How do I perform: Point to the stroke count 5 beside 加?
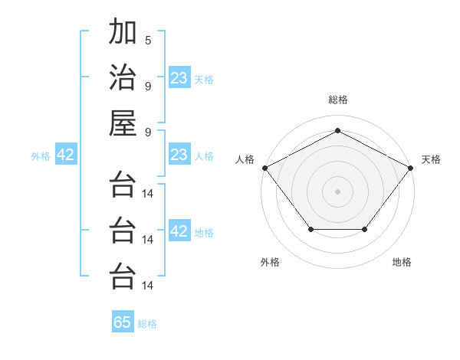[148, 40]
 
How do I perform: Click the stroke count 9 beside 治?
[148, 85]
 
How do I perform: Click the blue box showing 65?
[123, 322]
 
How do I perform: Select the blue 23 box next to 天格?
[179, 78]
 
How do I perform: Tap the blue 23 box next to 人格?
[179, 155]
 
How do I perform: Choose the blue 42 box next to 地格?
[179, 231]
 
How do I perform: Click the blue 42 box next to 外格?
[66, 155]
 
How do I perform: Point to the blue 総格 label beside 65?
[147, 324]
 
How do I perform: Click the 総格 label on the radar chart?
[337, 100]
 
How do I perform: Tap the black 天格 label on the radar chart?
[432, 159]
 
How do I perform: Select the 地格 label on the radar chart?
[402, 262]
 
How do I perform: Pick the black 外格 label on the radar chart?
[270, 262]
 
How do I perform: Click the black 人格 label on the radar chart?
[245, 159]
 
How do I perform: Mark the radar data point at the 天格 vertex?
[411, 167]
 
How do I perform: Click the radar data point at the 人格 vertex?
[264, 167]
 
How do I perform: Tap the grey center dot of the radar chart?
[337, 191]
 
